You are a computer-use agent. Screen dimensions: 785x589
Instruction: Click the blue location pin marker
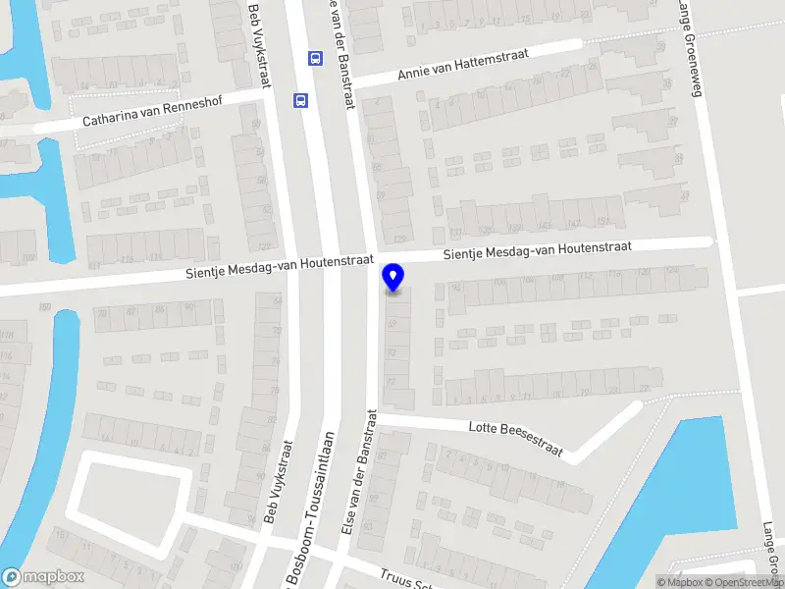point(393,278)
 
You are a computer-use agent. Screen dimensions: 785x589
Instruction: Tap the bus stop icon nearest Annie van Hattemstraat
point(315,58)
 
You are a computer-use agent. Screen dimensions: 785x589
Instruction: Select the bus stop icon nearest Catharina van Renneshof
point(300,99)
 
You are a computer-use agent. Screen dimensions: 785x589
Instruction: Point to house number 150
point(44,308)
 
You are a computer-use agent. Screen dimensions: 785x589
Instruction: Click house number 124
point(672,272)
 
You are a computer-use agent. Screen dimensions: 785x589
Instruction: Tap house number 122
point(265,246)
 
